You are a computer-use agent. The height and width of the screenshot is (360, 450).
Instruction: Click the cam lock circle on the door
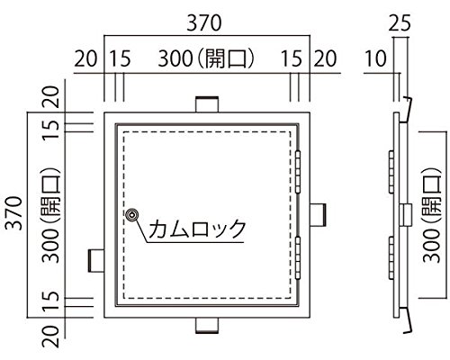click(132, 215)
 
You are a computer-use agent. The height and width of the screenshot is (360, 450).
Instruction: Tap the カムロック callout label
click(197, 229)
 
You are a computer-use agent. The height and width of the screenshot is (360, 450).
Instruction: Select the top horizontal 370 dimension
click(204, 23)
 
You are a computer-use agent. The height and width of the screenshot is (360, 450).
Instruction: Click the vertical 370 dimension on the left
click(14, 212)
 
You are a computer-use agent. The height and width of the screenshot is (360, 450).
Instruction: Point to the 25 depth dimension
click(400, 23)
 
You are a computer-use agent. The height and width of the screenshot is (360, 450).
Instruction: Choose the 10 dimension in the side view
click(375, 58)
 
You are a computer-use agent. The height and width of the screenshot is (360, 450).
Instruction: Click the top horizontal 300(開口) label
click(206, 58)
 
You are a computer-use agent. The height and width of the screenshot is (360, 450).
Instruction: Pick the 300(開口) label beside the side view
click(432, 215)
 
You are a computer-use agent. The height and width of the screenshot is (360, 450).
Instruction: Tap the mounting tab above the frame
click(207, 104)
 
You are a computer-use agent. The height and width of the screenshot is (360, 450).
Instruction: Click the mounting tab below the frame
click(207, 326)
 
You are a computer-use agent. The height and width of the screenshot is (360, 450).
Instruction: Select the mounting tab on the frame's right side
click(318, 215)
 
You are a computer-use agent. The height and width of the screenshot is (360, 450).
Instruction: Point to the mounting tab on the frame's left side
click(96, 260)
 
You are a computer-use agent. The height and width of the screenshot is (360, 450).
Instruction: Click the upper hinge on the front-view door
click(298, 172)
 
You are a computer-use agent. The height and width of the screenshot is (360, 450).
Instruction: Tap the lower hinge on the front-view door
click(298, 258)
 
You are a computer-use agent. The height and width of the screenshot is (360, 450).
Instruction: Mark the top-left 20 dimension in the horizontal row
click(85, 58)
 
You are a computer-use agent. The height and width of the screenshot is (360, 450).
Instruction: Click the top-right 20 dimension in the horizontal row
click(325, 58)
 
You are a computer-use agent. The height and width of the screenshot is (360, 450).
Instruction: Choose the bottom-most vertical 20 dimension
click(50, 337)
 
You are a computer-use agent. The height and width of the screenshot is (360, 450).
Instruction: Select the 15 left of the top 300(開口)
click(120, 58)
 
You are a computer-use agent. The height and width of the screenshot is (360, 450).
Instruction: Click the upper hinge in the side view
click(391, 172)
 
